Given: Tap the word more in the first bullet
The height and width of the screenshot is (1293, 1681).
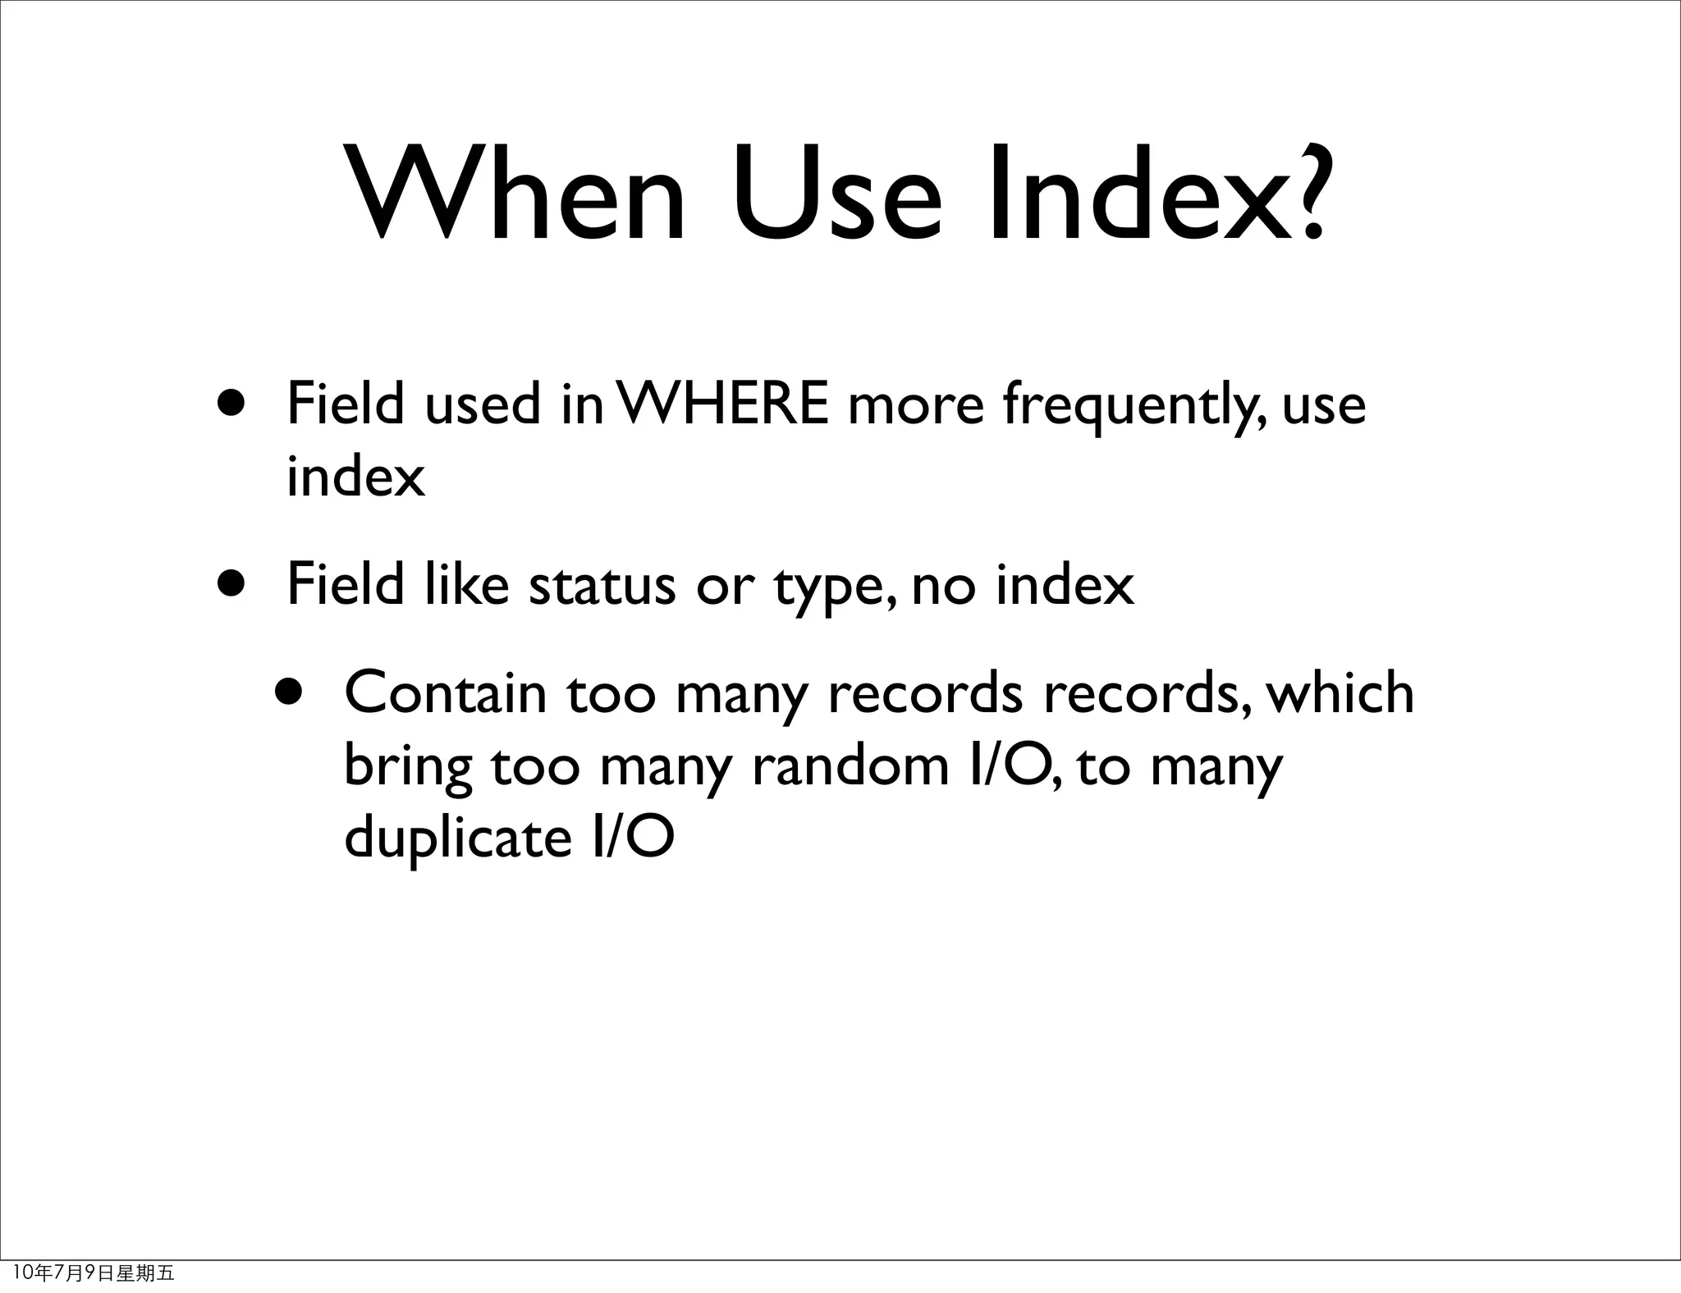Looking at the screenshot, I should tap(915, 407).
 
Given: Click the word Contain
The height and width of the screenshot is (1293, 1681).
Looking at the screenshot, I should tap(445, 692).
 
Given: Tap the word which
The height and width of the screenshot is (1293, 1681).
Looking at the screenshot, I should tap(1340, 692).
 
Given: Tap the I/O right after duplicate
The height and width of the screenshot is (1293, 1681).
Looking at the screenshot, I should tap(632, 837).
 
